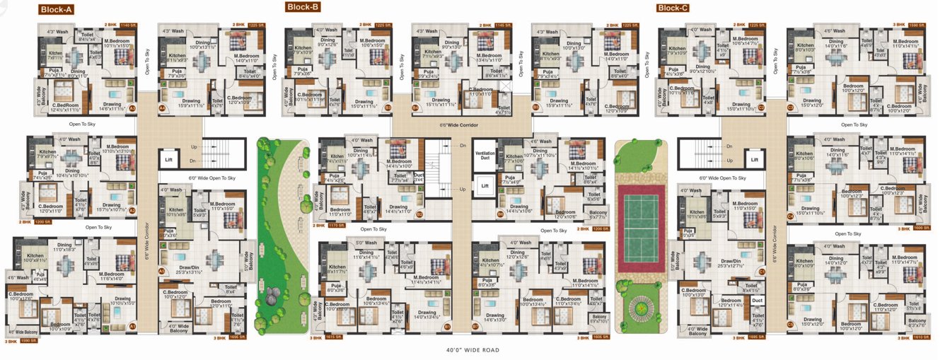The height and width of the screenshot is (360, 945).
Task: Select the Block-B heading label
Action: coord(303,7)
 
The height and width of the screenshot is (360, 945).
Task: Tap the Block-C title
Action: coord(673,8)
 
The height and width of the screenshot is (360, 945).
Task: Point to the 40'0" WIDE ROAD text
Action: coord(472,350)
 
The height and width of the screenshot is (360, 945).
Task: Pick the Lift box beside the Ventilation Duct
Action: coord(484,186)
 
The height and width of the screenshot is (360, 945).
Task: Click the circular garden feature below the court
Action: coord(642,308)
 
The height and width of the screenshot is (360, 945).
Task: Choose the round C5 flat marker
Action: coord(790,325)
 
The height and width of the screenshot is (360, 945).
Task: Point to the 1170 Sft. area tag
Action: coord(336,226)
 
